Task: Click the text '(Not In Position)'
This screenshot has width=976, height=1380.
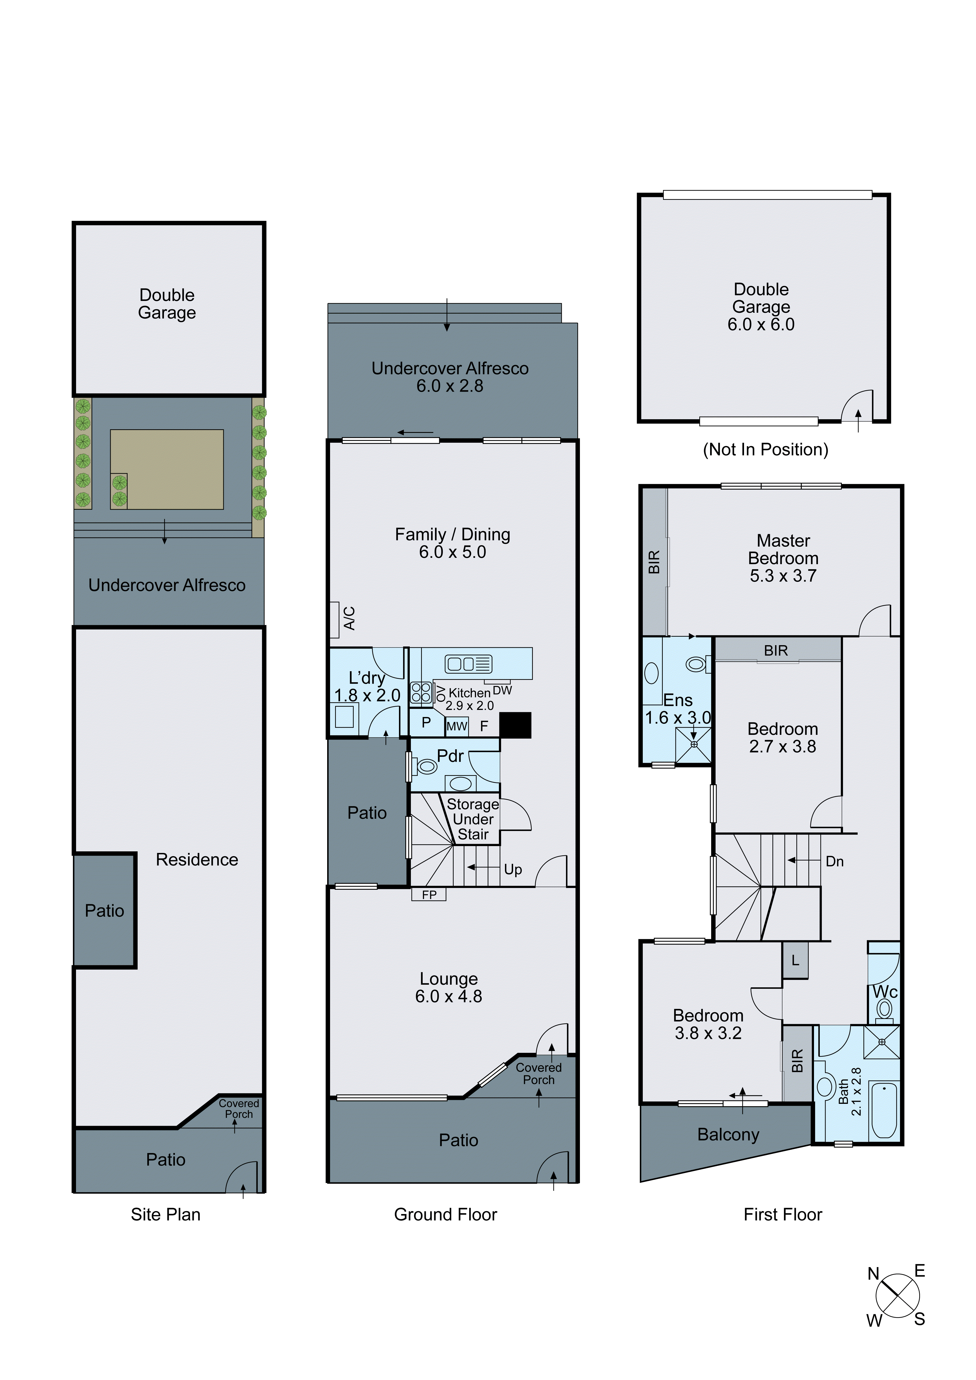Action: [x=765, y=449]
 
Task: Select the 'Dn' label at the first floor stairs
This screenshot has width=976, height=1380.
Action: [x=834, y=861]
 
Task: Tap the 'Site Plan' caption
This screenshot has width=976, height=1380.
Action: [x=165, y=1214]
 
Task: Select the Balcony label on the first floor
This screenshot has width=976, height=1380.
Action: [x=728, y=1134]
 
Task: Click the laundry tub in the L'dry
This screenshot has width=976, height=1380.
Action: [x=344, y=717]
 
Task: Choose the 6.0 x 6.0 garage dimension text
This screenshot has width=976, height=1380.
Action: [x=761, y=325]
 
